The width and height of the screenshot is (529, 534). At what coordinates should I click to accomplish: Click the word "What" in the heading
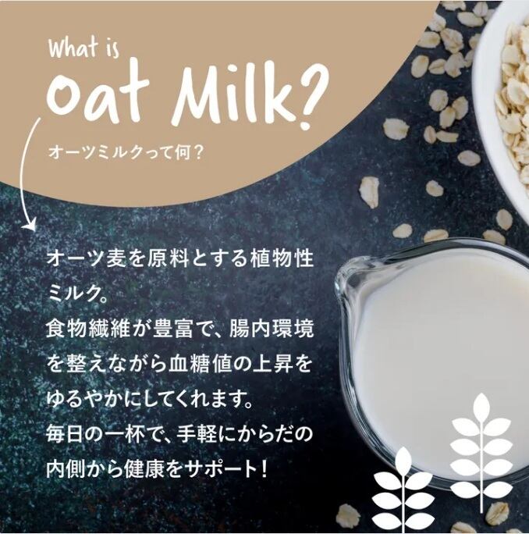(x=73, y=47)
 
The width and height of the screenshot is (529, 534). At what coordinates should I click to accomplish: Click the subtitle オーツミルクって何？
(x=126, y=152)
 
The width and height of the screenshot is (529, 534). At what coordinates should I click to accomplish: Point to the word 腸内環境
(x=272, y=329)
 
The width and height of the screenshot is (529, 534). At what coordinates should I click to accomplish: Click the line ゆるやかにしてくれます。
(x=150, y=399)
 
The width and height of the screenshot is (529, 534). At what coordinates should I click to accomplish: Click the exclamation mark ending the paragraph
(x=263, y=469)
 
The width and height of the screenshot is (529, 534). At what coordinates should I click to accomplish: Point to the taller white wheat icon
(x=481, y=453)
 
